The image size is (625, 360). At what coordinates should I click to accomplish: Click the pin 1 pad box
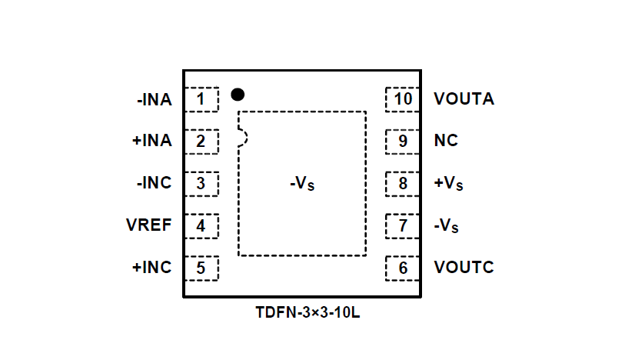click(201, 99)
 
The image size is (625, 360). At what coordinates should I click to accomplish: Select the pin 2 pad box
click(201, 142)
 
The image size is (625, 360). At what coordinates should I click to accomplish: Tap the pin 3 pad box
click(201, 184)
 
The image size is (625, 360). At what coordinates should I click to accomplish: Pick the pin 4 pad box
click(201, 226)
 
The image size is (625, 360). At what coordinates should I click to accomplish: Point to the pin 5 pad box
click(201, 268)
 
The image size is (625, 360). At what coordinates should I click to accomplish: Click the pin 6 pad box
click(403, 268)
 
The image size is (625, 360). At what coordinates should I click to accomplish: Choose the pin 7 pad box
click(403, 226)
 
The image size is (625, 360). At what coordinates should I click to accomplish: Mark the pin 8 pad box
click(403, 184)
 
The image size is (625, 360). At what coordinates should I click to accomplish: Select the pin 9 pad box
click(403, 142)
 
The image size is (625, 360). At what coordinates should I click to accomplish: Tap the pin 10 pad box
click(403, 99)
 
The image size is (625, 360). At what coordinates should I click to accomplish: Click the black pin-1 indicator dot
click(238, 95)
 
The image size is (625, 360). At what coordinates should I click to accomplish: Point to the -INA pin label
click(154, 99)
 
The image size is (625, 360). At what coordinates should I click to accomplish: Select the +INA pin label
click(152, 142)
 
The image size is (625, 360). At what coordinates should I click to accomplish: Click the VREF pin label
click(149, 226)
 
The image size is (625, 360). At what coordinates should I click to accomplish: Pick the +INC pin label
click(152, 268)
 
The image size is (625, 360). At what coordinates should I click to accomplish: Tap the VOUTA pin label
click(464, 99)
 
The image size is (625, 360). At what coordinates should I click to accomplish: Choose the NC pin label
click(445, 142)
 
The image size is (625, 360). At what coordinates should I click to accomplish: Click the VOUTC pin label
click(464, 268)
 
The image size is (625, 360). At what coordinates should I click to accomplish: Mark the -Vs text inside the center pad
click(303, 185)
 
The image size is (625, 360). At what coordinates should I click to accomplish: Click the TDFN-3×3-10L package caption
click(308, 314)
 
